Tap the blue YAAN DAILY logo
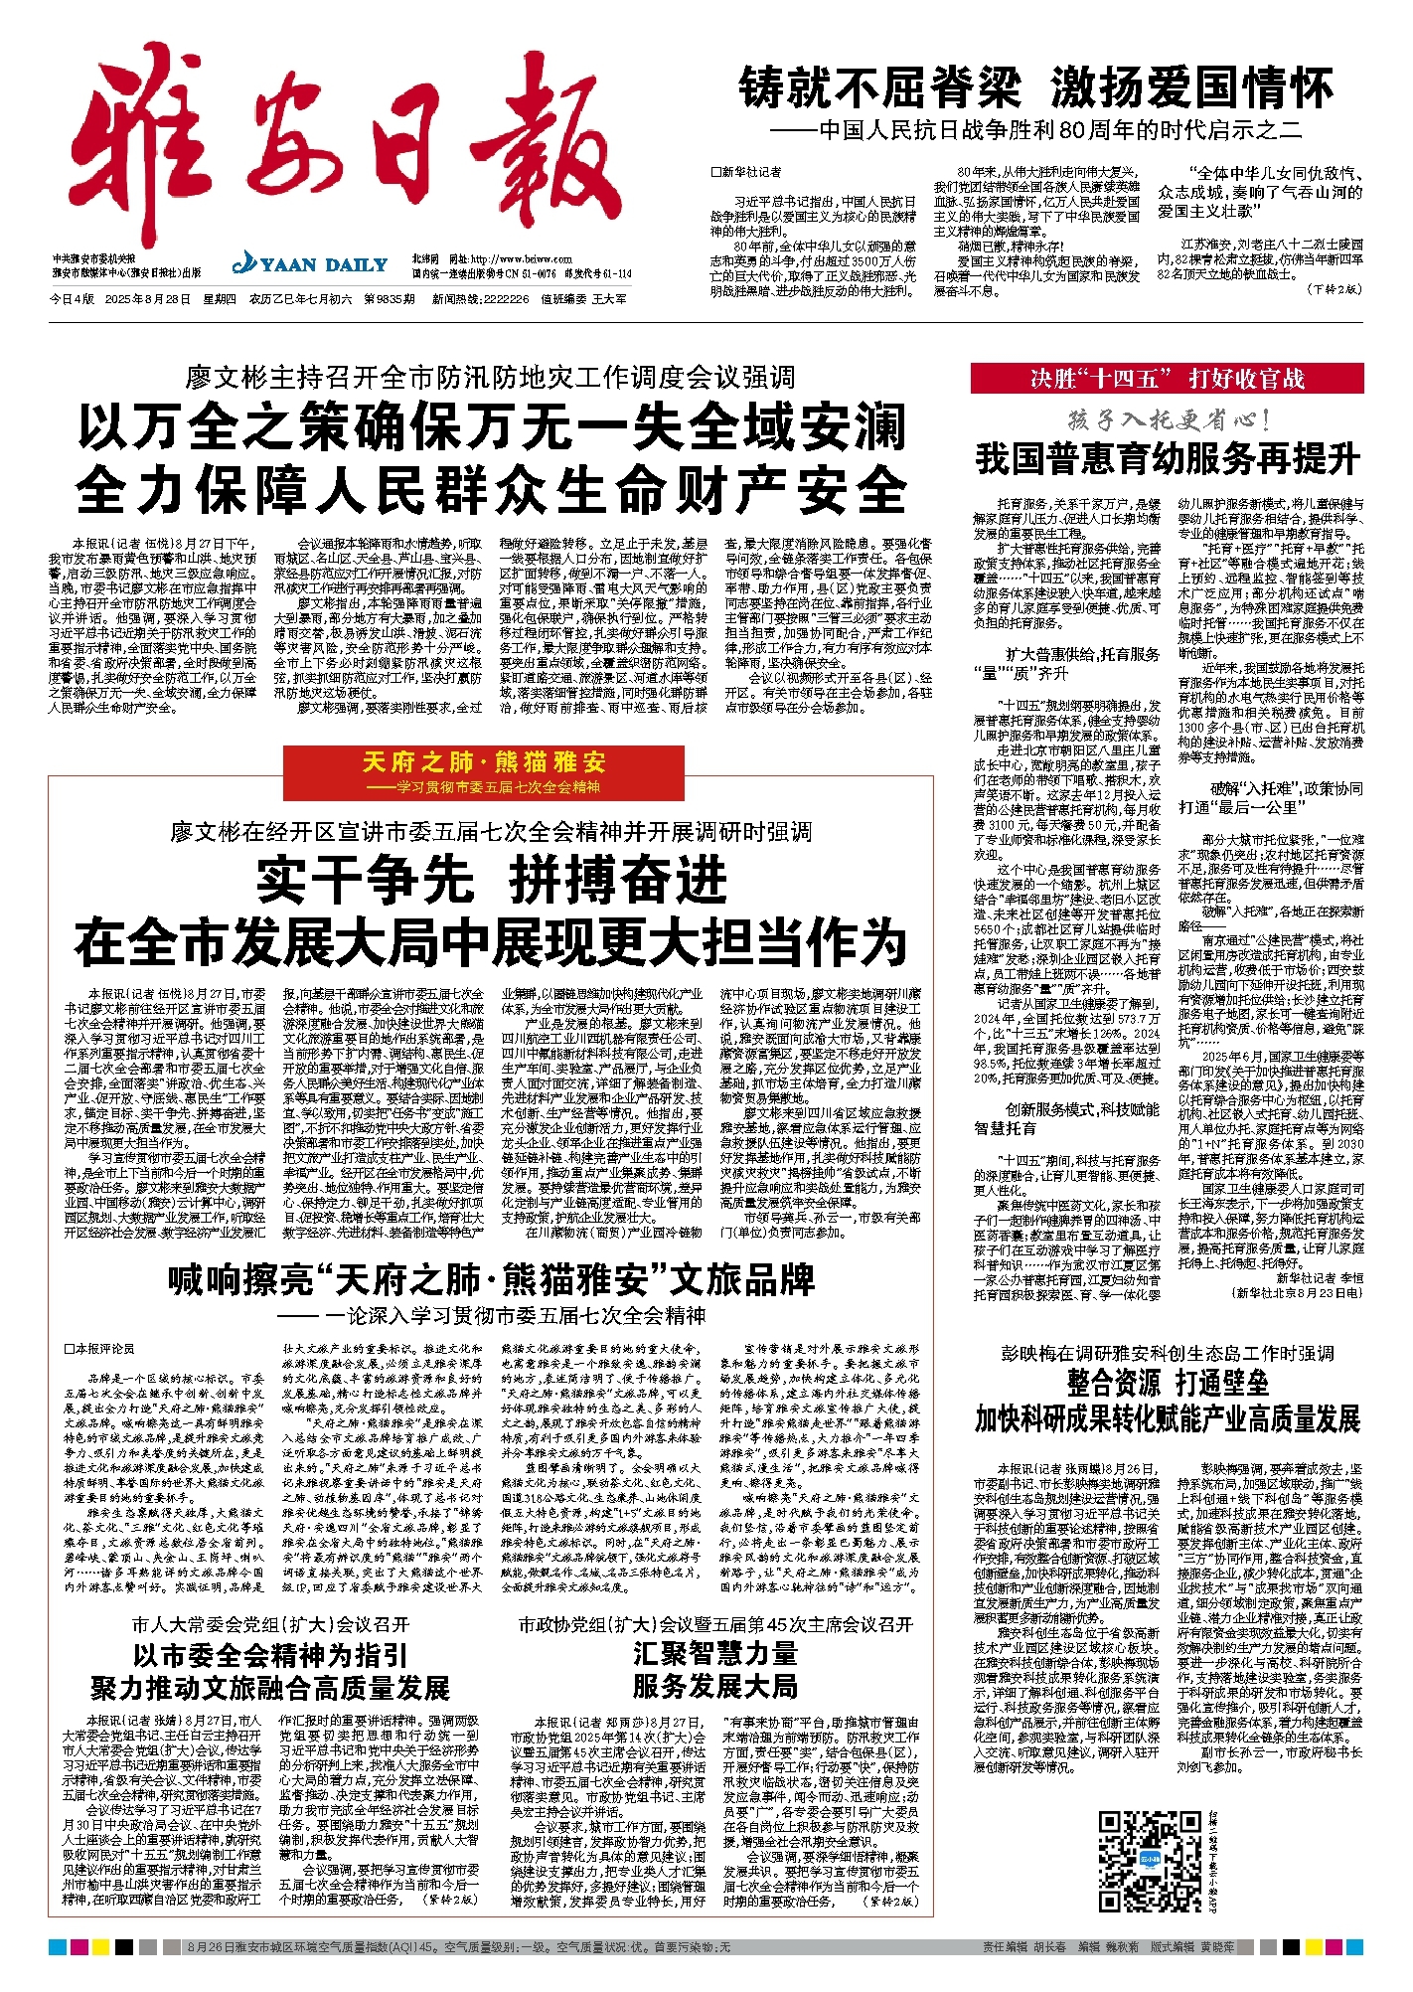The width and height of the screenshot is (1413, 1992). (309, 264)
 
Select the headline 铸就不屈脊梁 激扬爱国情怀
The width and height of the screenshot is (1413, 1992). (1035, 88)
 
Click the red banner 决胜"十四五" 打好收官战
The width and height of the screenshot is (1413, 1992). (1167, 379)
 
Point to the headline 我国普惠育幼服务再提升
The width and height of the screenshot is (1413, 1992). (1167, 459)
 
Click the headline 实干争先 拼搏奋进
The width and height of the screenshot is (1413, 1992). (491, 879)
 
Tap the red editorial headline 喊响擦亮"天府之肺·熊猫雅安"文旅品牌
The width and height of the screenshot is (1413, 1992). (491, 1279)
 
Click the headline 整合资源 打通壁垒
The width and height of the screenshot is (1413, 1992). (1167, 1383)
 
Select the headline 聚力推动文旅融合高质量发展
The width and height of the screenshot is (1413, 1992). (270, 1689)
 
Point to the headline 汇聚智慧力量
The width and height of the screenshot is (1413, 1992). (714, 1654)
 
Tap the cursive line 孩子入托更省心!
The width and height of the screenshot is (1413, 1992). (1167, 420)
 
